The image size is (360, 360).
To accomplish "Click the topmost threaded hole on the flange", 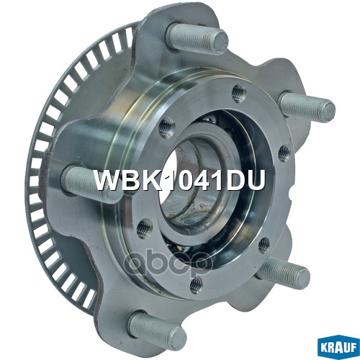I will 238,89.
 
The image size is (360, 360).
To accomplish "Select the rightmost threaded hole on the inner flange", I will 284,152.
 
